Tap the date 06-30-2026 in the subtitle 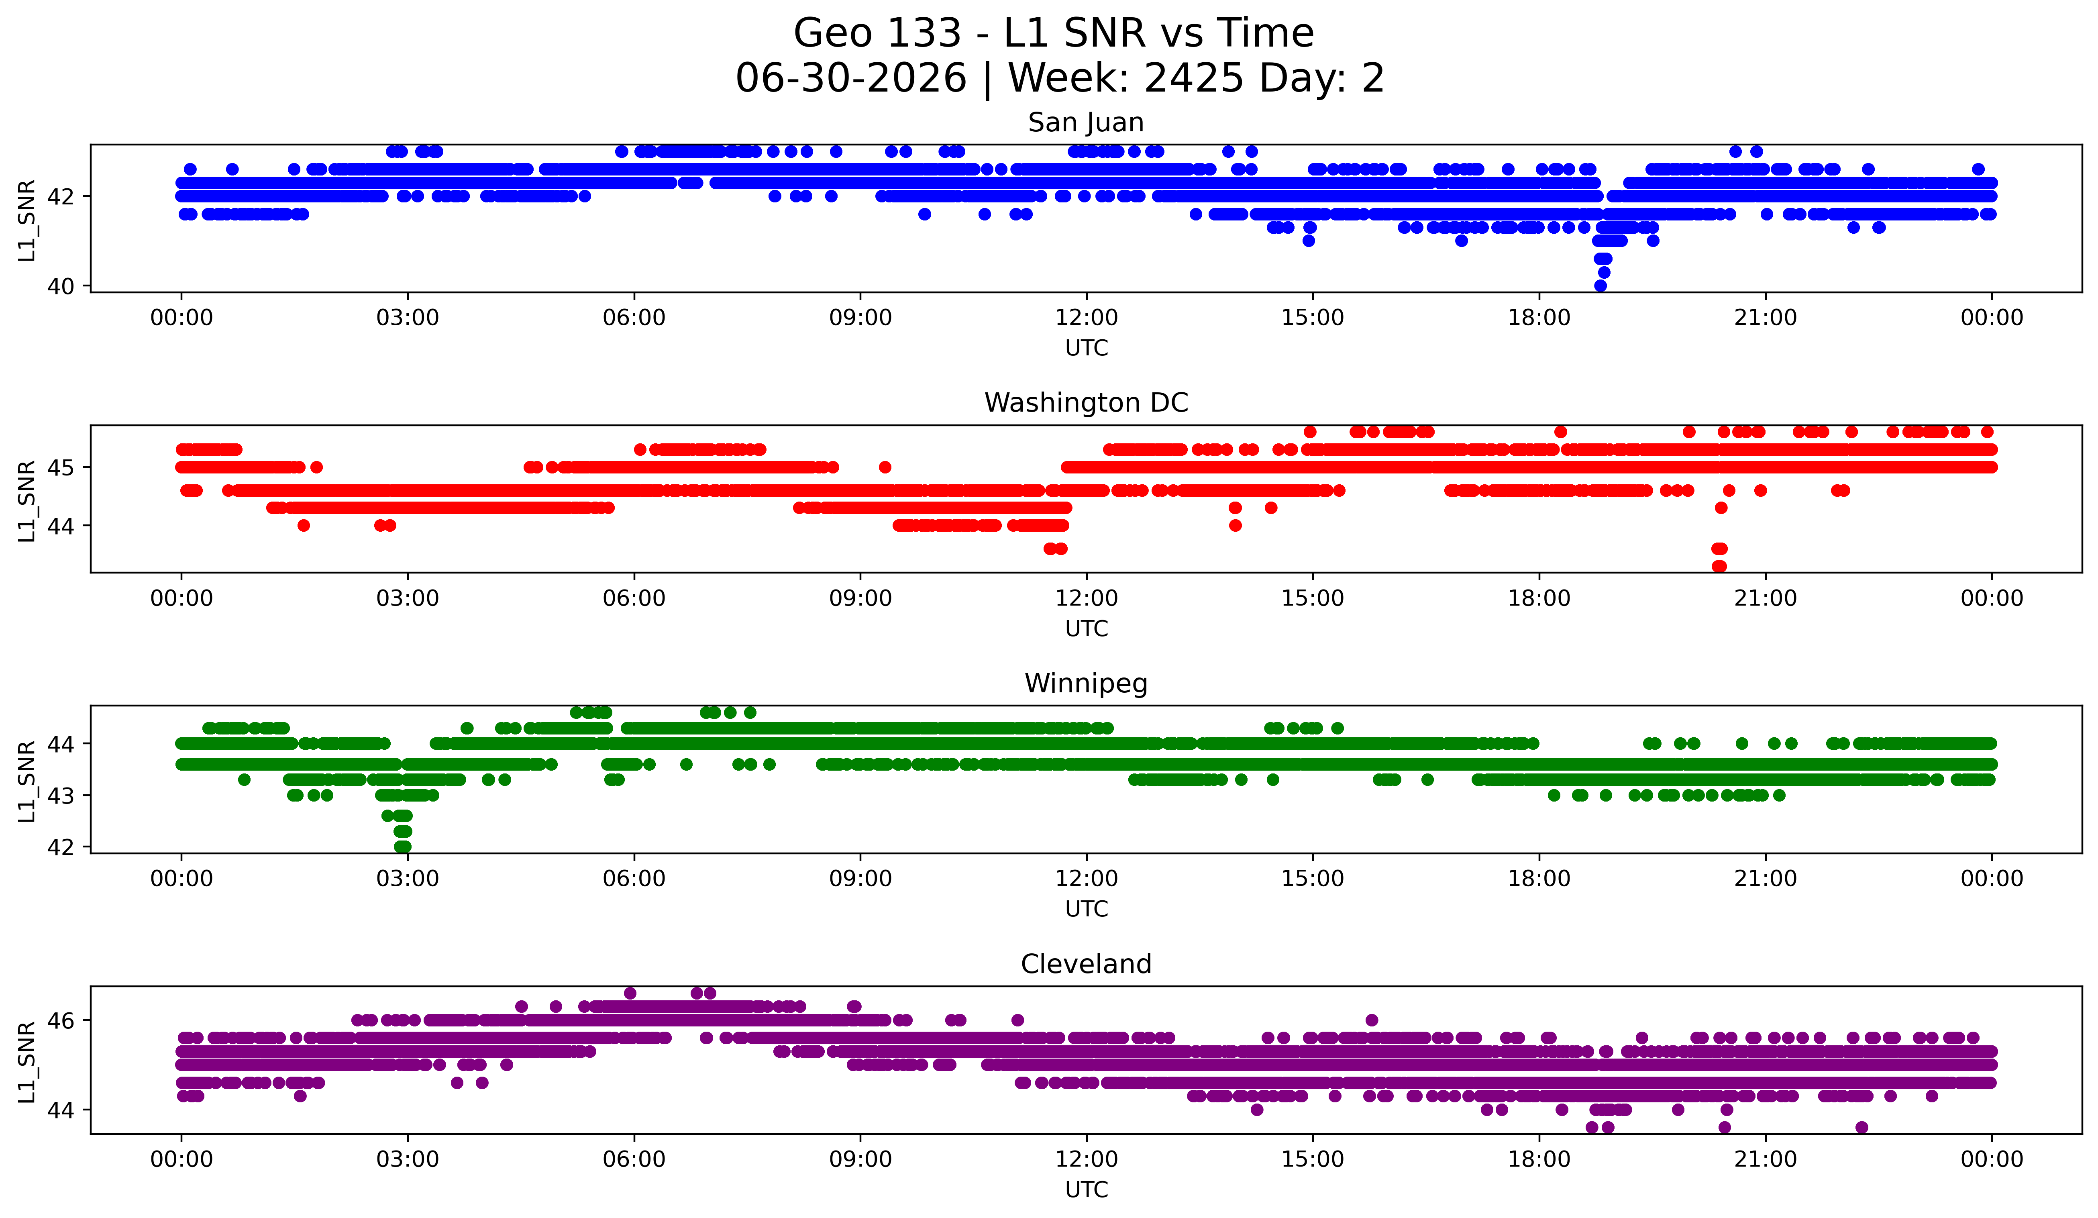(x=851, y=78)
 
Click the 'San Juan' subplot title (x=1086, y=122)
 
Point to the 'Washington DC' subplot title (x=1086, y=403)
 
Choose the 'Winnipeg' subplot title (x=1086, y=683)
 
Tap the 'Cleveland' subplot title (x=1086, y=964)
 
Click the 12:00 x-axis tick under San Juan (x=1087, y=317)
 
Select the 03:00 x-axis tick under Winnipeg (x=408, y=878)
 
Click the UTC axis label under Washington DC (x=1087, y=628)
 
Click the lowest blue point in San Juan (x=1600, y=286)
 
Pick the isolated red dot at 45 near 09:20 (x=885, y=467)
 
